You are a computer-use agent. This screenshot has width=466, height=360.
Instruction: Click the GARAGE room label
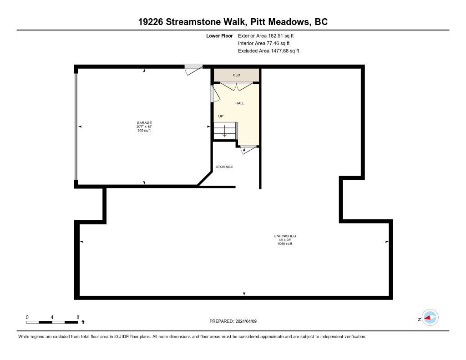(144, 122)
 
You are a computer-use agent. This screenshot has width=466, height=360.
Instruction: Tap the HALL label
(239, 103)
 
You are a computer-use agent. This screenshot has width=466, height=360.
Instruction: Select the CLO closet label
(236, 75)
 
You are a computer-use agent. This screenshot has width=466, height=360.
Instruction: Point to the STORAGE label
(224, 167)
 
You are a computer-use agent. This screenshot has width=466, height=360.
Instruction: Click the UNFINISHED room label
(285, 236)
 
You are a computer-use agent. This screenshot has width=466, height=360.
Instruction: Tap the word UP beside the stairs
(221, 116)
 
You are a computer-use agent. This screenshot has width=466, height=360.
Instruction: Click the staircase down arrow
(225, 131)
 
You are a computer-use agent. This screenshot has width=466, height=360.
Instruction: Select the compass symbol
(430, 318)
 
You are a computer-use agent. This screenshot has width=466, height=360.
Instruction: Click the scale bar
(52, 322)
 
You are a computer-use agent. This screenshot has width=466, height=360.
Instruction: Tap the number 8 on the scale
(78, 317)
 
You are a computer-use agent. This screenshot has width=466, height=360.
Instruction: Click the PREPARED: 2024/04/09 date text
(233, 321)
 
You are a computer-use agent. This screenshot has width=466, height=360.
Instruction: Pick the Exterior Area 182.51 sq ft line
(266, 35)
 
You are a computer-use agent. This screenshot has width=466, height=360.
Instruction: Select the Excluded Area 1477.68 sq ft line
(268, 51)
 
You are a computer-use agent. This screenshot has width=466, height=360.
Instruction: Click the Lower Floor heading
(219, 35)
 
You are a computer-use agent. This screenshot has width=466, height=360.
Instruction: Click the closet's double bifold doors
(237, 86)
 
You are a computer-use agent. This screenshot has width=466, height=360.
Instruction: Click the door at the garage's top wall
(193, 70)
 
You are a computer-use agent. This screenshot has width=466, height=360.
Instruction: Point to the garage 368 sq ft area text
(144, 130)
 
